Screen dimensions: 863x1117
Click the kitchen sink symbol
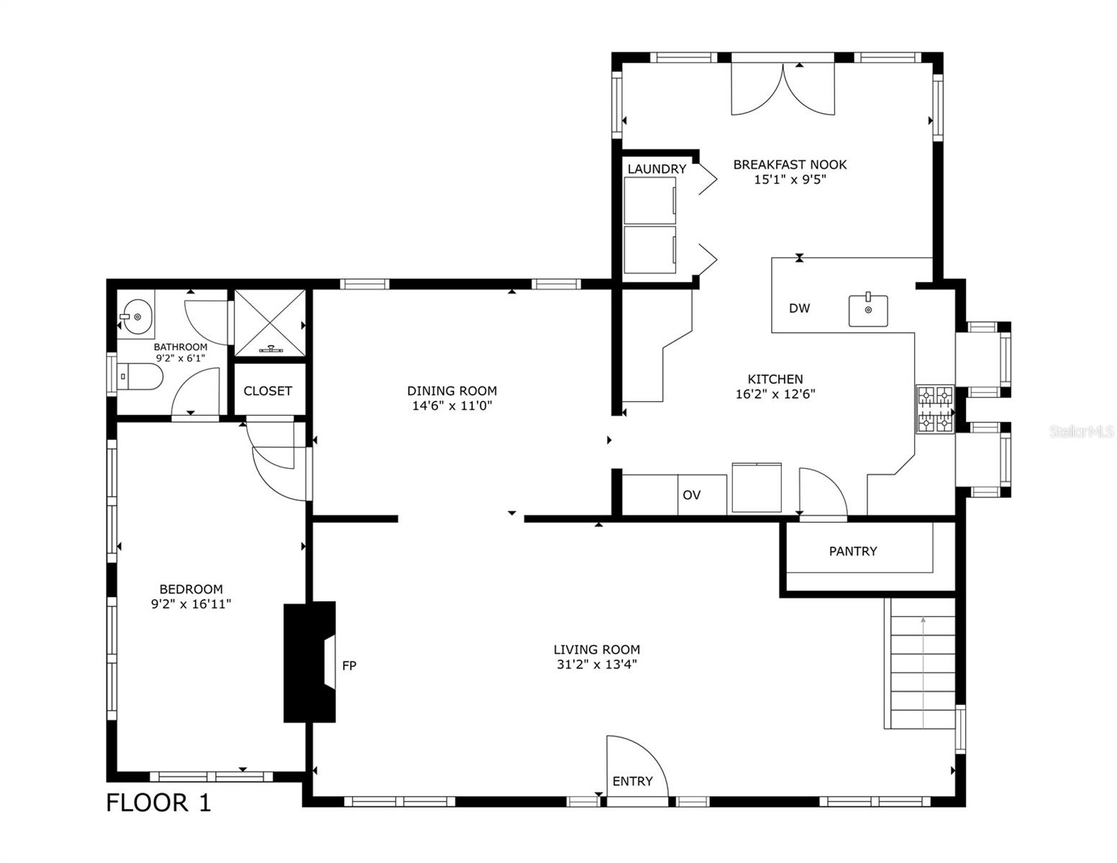click(x=868, y=310)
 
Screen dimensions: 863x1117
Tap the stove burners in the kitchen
click(x=934, y=409)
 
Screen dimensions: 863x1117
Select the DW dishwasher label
click(x=799, y=309)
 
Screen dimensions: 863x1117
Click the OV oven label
click(x=691, y=496)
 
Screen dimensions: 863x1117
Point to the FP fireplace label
click(x=349, y=666)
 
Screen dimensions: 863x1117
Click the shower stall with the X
click(x=270, y=323)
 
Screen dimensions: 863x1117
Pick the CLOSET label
click(x=268, y=391)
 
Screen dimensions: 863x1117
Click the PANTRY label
click(x=852, y=552)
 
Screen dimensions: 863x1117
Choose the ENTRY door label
click(x=632, y=782)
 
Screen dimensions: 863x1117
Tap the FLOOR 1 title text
click(x=159, y=803)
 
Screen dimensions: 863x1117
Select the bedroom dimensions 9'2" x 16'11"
click(x=191, y=605)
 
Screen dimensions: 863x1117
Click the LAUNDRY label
click(x=657, y=169)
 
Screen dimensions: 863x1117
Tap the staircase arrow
click(x=923, y=669)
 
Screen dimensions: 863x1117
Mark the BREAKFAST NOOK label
click(x=790, y=165)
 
